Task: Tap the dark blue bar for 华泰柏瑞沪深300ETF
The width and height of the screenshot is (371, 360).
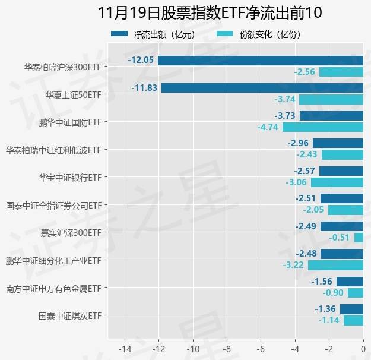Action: [x=260, y=60]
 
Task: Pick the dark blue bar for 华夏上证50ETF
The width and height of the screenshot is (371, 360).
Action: [x=262, y=88]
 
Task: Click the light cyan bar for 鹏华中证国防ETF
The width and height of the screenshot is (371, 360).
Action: [x=322, y=127]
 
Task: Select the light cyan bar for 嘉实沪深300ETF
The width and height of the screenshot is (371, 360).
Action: [x=359, y=238]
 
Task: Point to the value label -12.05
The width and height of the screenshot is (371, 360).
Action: [x=141, y=60]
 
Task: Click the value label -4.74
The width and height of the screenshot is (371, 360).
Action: [x=268, y=127]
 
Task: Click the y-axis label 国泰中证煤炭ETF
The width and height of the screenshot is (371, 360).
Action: [x=70, y=315]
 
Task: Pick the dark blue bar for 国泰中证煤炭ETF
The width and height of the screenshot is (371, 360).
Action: [x=351, y=309]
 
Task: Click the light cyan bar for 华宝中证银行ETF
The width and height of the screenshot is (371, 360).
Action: [x=337, y=182]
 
